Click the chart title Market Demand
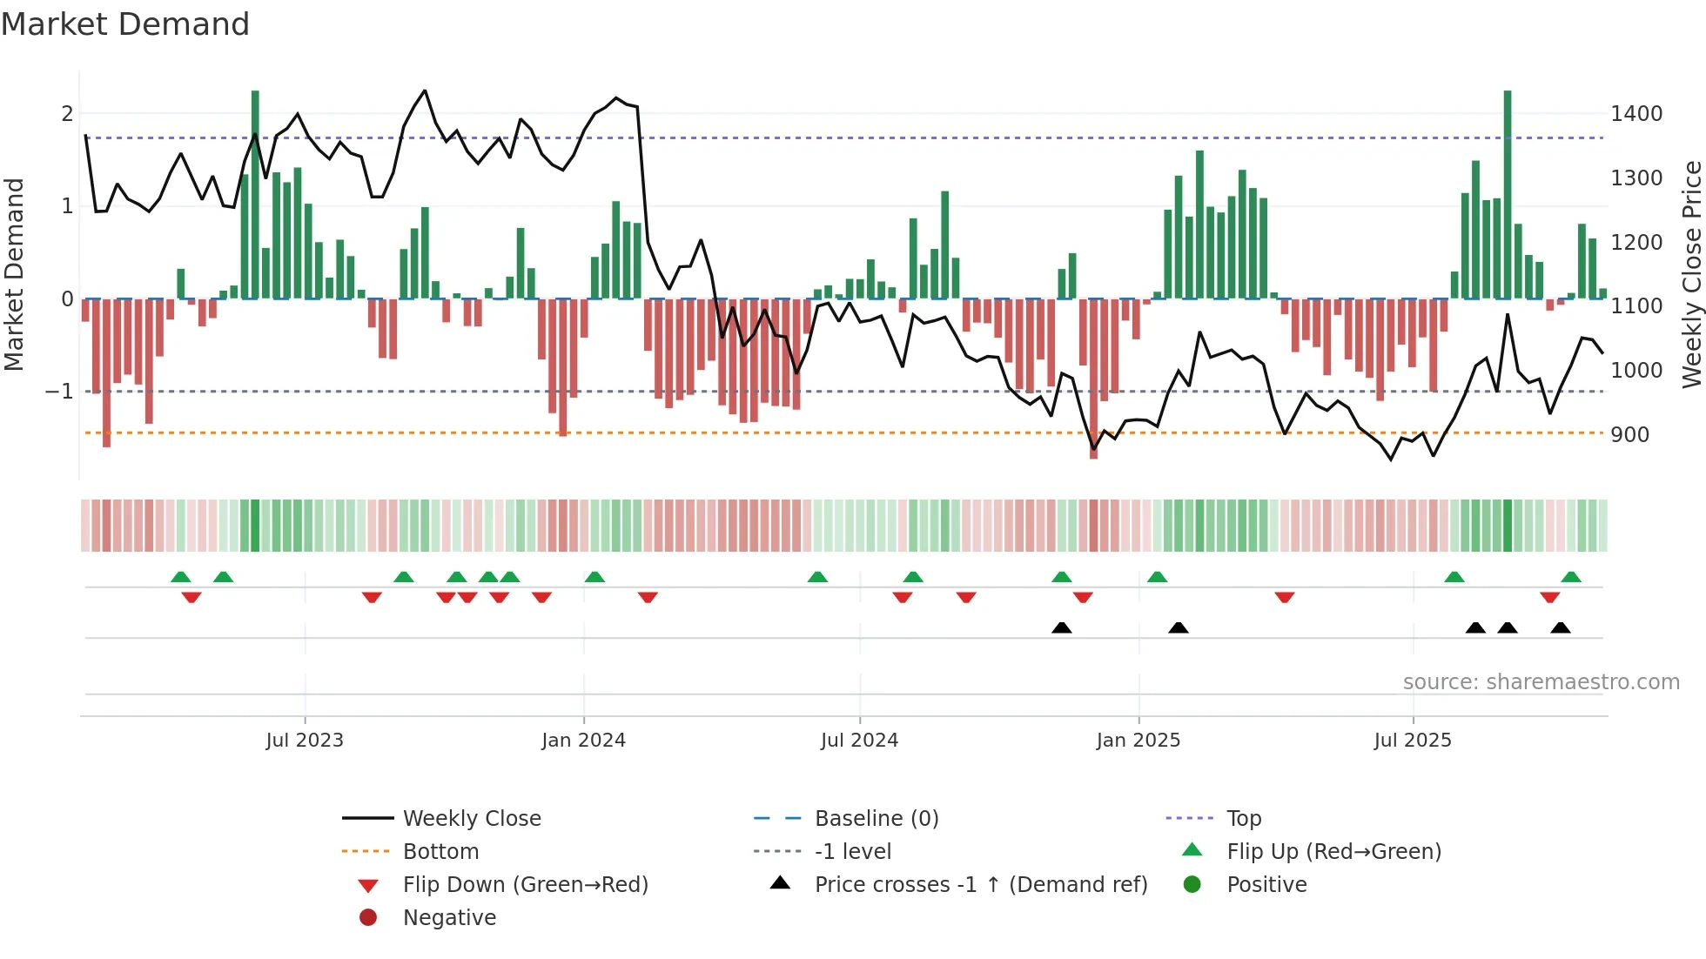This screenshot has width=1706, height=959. click(x=125, y=24)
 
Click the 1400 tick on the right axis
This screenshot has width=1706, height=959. click(x=1635, y=114)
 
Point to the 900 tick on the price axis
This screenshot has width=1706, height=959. click(x=1629, y=435)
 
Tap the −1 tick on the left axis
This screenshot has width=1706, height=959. click(x=59, y=392)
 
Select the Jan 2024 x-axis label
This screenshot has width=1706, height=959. click(x=583, y=741)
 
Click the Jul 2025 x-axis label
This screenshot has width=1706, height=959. click(x=1412, y=741)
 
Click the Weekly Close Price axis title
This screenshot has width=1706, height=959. click(x=1691, y=274)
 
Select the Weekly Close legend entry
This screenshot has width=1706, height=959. click(x=471, y=819)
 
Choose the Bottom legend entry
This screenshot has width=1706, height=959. click(x=440, y=852)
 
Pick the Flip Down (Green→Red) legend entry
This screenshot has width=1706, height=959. click(x=525, y=885)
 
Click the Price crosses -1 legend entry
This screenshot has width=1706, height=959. click(x=980, y=885)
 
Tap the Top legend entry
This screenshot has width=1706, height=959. click(x=1243, y=819)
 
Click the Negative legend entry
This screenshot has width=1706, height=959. click(x=449, y=918)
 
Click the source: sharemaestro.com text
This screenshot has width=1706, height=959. click(x=1541, y=682)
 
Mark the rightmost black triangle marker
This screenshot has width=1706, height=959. click(x=1560, y=627)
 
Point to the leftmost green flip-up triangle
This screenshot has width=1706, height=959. click(x=181, y=577)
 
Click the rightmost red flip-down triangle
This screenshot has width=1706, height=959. click(x=1549, y=598)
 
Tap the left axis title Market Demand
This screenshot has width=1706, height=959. click(x=14, y=274)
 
